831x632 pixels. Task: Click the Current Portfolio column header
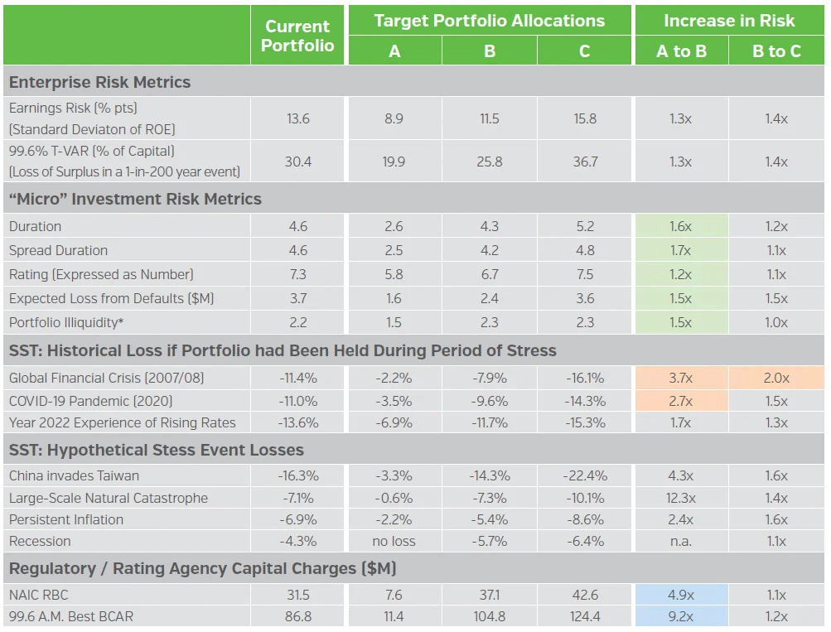click(297, 36)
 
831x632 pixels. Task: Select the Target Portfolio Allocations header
click(489, 22)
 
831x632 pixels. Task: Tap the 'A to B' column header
click(681, 51)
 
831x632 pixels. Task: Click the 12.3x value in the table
click(681, 498)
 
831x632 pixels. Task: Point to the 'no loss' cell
click(394, 541)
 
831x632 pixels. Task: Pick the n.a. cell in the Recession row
click(681, 541)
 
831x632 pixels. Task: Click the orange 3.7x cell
click(681, 378)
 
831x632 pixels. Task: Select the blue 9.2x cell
click(681, 616)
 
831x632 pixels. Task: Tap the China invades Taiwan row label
click(74, 475)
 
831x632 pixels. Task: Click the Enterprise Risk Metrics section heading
click(99, 82)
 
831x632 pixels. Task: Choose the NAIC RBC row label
click(38, 594)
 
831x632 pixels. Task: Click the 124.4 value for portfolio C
click(584, 616)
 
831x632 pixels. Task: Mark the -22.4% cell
click(584, 475)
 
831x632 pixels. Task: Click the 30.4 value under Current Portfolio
click(297, 162)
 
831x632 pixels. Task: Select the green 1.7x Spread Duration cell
click(681, 250)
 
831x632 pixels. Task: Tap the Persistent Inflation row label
click(66, 519)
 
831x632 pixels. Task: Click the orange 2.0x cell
click(776, 378)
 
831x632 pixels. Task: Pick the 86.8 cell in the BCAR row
click(297, 616)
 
